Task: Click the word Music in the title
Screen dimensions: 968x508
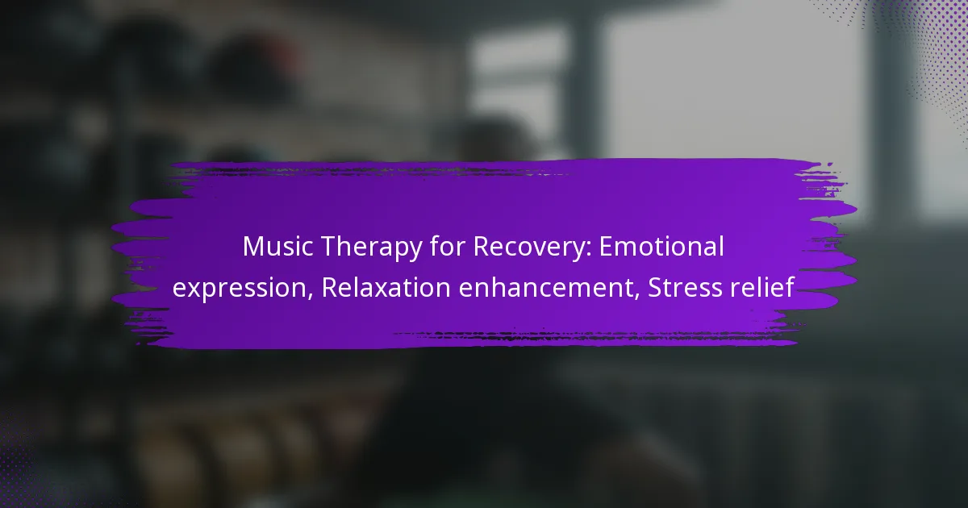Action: (277, 246)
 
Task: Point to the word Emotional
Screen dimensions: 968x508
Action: (661, 246)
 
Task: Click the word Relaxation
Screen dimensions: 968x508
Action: (386, 287)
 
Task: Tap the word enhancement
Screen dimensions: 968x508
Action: (547, 287)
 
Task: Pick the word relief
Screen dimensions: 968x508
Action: (758, 287)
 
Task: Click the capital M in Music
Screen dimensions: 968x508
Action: (253, 247)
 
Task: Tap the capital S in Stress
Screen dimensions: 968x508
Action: (655, 288)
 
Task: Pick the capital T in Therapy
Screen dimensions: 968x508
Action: (328, 247)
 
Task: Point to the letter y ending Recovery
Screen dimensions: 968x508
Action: (577, 252)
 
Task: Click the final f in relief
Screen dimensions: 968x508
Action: (789, 287)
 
